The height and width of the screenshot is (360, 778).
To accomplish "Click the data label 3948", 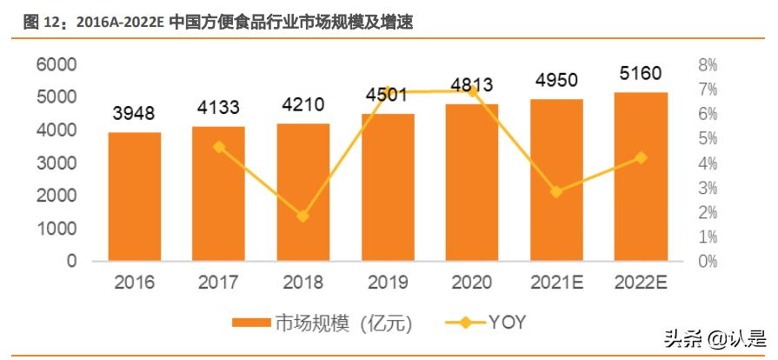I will pyautogui.click(x=135, y=114).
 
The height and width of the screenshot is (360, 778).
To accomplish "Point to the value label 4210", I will pyautogui.click(x=303, y=105).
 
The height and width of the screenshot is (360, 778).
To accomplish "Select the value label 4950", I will pyautogui.click(x=557, y=81).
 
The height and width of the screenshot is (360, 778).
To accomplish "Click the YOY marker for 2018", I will pyautogui.click(x=303, y=216).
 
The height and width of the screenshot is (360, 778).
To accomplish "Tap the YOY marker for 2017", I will pyautogui.click(x=219, y=147).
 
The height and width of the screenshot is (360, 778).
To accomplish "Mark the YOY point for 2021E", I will pyautogui.click(x=556, y=191).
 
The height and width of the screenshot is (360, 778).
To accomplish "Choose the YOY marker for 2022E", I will pyautogui.click(x=641, y=157).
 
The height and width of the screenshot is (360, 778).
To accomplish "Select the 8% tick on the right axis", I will pyautogui.click(x=708, y=65).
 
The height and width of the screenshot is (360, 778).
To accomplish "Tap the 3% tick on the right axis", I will pyautogui.click(x=708, y=188).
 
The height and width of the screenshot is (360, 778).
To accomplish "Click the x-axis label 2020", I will pyautogui.click(x=472, y=283).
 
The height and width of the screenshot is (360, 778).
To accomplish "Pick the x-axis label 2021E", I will pyautogui.click(x=556, y=283).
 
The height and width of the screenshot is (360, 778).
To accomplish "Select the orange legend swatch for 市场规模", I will pyautogui.click(x=251, y=323).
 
